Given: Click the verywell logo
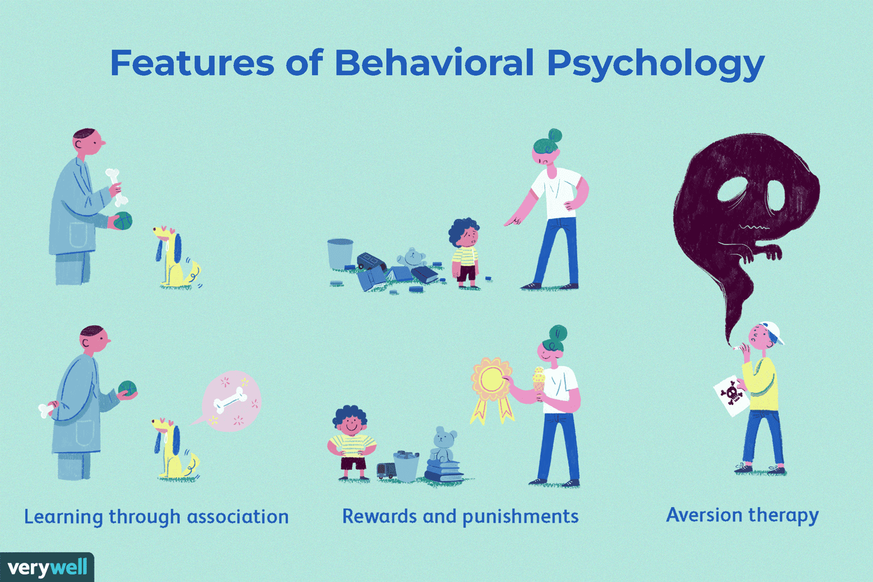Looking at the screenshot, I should (x=47, y=567).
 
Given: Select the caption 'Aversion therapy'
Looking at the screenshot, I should (x=742, y=516).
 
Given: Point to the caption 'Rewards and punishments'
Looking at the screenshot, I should (x=460, y=517).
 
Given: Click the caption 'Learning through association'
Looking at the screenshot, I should (x=156, y=517).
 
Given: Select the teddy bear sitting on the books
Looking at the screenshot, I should (x=443, y=446).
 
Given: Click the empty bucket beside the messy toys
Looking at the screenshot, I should (x=340, y=254).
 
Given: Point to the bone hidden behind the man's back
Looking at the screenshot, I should (x=45, y=410).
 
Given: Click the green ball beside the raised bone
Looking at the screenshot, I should (x=123, y=221).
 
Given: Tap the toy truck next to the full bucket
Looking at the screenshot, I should (x=386, y=470).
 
